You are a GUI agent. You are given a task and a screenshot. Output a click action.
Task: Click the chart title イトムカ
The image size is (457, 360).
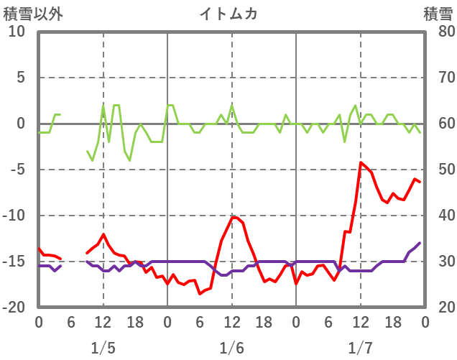228,13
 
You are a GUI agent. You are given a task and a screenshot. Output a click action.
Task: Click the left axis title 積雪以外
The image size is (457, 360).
33,13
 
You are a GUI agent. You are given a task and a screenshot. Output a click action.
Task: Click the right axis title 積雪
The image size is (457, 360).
438,13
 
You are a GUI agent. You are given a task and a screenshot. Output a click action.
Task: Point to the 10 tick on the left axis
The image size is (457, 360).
17,32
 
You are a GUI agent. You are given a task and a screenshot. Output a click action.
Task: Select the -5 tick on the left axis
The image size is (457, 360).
17,170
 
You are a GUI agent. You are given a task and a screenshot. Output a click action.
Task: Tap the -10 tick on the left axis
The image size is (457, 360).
14,216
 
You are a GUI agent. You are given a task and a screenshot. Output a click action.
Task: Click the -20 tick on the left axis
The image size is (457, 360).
14,308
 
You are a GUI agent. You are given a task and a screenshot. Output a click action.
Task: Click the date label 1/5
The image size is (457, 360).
103,348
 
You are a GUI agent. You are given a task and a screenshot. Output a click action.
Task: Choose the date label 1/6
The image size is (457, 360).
231,348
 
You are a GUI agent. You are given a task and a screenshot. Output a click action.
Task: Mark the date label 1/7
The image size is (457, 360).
361,348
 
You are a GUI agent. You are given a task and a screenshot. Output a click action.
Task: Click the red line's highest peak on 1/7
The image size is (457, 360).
361,162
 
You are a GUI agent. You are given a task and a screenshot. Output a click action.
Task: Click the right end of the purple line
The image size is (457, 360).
420,243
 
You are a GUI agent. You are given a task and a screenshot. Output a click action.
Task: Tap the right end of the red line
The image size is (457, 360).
420,182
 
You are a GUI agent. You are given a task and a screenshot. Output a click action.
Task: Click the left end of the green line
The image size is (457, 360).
39,132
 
